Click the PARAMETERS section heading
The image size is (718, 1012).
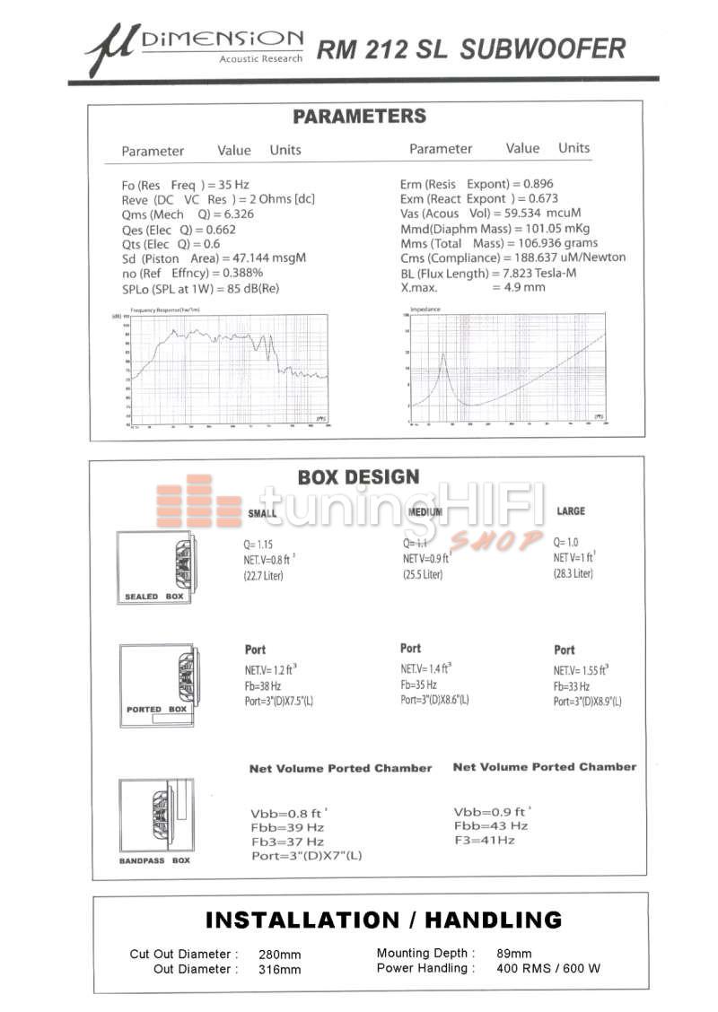[359, 117]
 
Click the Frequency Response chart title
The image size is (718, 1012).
[173, 310]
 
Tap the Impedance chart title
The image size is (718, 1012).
[425, 310]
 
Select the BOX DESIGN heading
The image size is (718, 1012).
[358, 477]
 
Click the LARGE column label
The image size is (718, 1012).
[571, 511]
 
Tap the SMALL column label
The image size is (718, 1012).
[262, 513]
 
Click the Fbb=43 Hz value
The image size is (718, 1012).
[491, 825]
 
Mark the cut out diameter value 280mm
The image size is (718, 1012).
[280, 955]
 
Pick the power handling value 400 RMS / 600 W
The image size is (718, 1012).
[548, 969]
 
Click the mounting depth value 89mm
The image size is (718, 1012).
[514, 954]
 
